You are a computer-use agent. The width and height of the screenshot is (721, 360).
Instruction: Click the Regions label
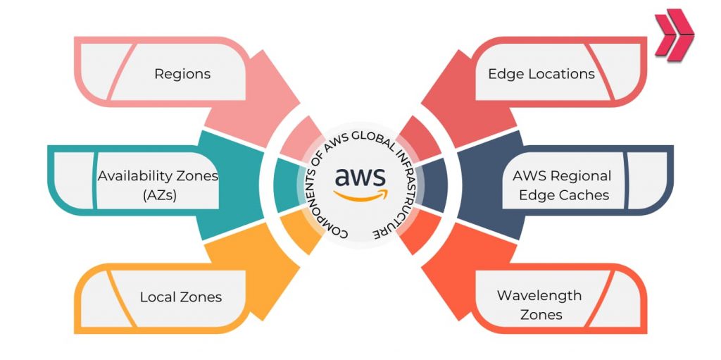[x=182, y=73]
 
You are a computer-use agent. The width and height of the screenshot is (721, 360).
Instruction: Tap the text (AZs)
[x=158, y=195]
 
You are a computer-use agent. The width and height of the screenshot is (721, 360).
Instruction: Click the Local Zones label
[x=180, y=297]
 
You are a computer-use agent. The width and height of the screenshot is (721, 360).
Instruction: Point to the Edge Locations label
[x=541, y=73]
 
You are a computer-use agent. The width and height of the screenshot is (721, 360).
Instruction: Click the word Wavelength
[x=539, y=295]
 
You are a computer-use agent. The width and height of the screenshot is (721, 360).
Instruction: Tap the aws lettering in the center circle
[x=360, y=176]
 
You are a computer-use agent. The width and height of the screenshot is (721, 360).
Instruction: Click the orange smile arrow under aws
[x=360, y=195]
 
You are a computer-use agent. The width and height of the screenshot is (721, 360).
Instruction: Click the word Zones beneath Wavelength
[x=541, y=314]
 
